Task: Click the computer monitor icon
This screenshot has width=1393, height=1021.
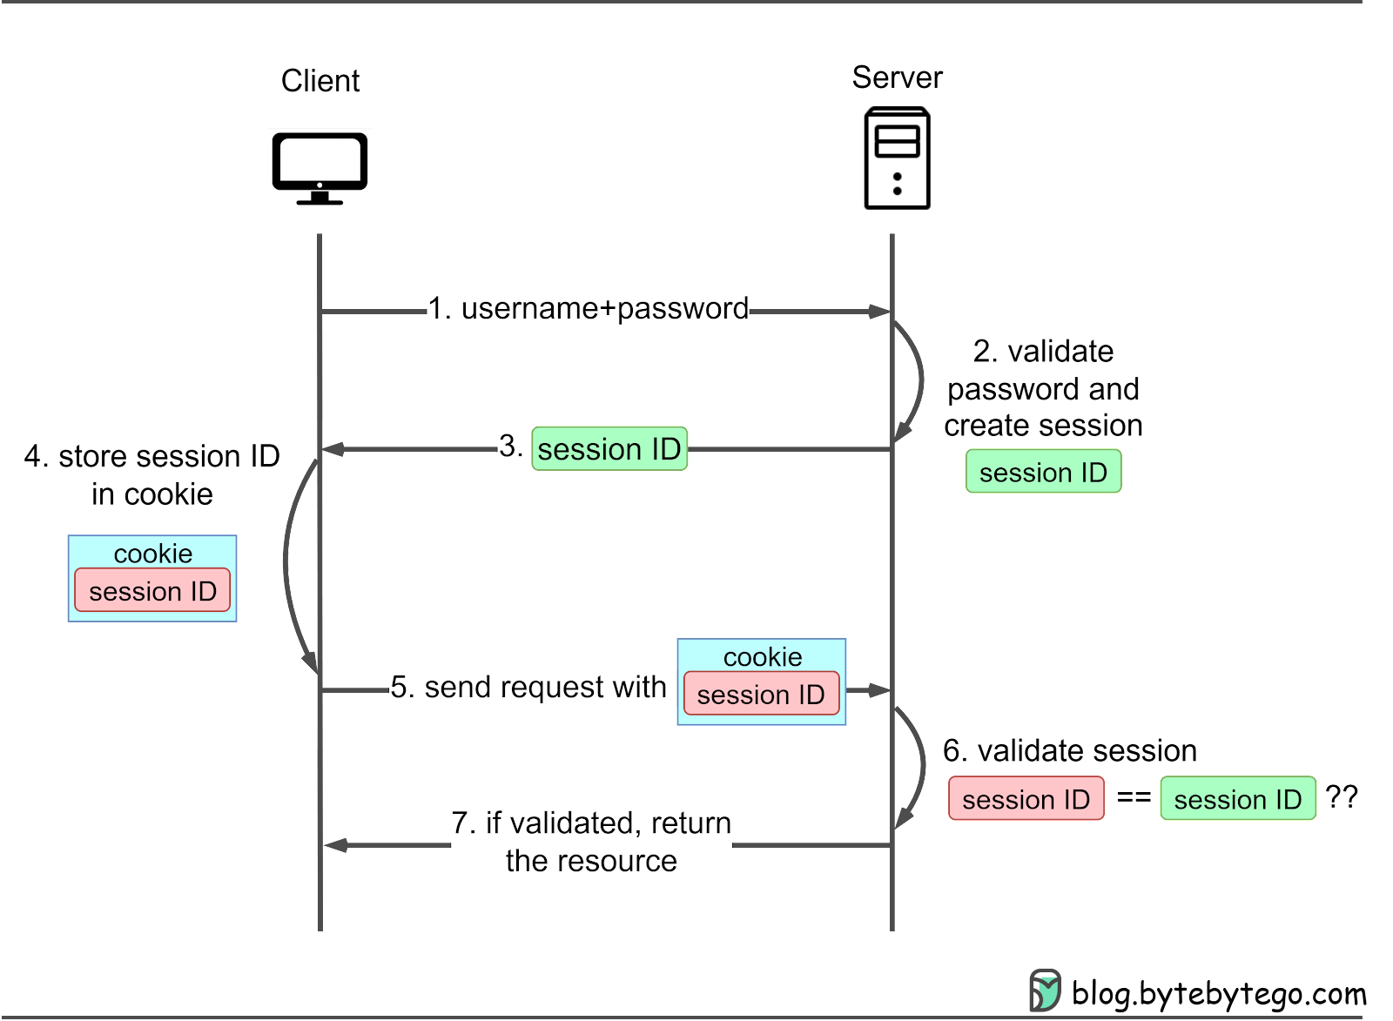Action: point(320,168)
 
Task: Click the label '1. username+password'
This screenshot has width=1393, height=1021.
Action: point(588,308)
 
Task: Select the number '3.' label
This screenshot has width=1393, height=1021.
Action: point(511,446)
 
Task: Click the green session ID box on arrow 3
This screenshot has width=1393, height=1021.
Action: point(609,449)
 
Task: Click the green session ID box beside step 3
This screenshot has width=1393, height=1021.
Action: point(1043,472)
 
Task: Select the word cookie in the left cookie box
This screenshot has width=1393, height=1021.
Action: point(152,554)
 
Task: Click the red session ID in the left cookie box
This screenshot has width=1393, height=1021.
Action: point(152,591)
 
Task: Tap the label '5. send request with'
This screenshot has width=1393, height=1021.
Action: point(528,688)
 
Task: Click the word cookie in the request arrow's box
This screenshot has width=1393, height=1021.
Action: point(762,656)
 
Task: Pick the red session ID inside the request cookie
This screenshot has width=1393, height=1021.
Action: point(761,695)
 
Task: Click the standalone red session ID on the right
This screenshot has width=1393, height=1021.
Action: point(1026,799)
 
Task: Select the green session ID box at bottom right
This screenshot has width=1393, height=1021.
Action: point(1237,799)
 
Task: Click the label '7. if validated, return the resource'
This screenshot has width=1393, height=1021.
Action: point(591,842)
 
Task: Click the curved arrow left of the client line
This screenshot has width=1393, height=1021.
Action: point(288,561)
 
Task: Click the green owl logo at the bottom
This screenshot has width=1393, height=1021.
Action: point(1046,990)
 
